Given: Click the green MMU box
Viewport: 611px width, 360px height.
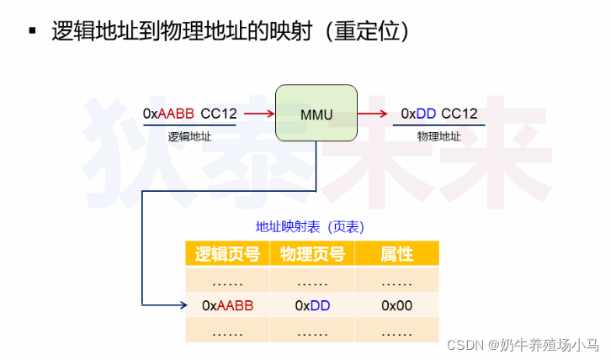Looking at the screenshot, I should [316, 113].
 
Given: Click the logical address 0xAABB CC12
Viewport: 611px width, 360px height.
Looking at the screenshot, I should [189, 113].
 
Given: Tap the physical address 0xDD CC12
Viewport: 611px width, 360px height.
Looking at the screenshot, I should [438, 113].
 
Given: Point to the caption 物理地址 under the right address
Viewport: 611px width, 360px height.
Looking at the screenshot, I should [438, 135].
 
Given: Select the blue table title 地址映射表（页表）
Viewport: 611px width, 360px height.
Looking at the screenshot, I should [311, 227].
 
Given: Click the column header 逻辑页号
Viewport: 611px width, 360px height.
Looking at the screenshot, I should [227, 254].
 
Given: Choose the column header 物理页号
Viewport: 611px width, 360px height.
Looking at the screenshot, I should [312, 254].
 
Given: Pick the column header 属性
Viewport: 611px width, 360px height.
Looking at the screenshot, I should [396, 254].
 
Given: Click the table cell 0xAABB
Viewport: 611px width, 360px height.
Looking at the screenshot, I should [227, 305].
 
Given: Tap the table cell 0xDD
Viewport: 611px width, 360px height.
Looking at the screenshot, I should [312, 305].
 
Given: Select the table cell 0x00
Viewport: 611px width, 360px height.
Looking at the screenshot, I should [396, 305].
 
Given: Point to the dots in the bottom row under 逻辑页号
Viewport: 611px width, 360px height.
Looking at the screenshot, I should [227, 331].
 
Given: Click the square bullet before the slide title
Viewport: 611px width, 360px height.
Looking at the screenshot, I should [33, 32].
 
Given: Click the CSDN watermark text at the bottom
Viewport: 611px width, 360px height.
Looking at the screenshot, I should [522, 345].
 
